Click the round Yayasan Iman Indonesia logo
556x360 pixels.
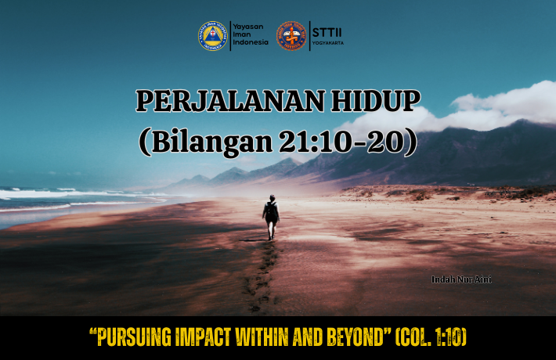point(213,36)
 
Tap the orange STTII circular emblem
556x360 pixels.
point(291,36)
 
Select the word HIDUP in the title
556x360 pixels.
point(376,101)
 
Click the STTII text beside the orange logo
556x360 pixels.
point(327,33)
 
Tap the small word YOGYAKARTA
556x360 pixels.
point(328,43)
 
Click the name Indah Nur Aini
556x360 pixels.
point(461,279)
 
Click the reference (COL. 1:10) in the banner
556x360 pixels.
point(431,337)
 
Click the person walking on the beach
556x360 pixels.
point(271,217)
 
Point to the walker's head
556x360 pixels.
point(272,197)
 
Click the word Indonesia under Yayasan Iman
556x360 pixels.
point(251,42)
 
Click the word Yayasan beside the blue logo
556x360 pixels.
point(248,27)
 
